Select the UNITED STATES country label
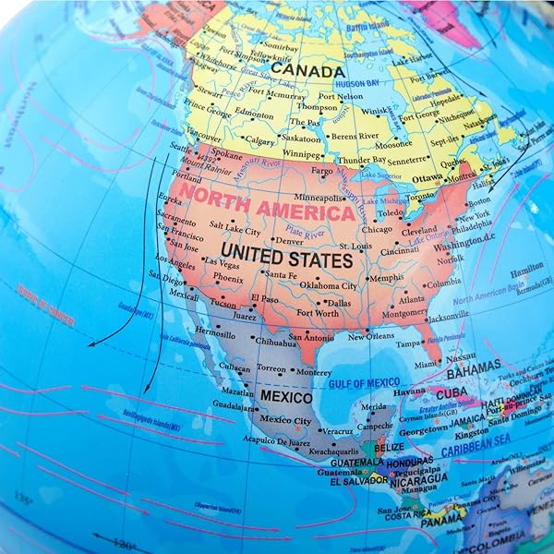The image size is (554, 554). [x=287, y=258]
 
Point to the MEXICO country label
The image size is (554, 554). [x=285, y=395]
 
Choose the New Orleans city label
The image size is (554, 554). [x=371, y=337]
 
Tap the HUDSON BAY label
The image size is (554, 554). [x=353, y=82]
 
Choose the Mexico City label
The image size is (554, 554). [x=284, y=419]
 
